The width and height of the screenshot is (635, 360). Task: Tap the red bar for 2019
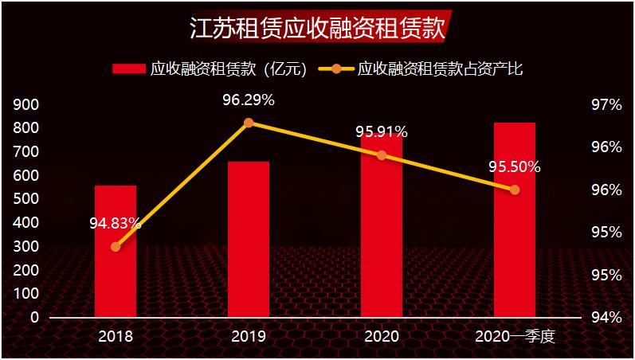[249, 239]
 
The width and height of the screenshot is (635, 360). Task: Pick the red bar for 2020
[382, 231]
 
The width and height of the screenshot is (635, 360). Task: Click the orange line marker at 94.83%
[116, 246]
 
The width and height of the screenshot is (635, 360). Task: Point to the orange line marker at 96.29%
[249, 123]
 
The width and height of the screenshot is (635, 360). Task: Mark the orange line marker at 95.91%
[382, 155]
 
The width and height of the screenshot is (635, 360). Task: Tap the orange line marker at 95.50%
[515, 190]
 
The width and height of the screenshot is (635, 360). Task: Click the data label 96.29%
[249, 100]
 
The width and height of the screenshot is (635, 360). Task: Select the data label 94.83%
[116, 223]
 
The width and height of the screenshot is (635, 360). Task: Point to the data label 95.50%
[515, 167]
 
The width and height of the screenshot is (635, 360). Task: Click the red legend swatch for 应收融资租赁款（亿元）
[129, 69]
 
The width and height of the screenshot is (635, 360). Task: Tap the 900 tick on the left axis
[27, 105]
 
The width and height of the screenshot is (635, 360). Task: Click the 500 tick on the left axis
[27, 199]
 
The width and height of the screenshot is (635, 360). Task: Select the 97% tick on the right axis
[606, 105]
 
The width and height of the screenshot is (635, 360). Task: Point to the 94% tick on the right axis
[606, 317]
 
